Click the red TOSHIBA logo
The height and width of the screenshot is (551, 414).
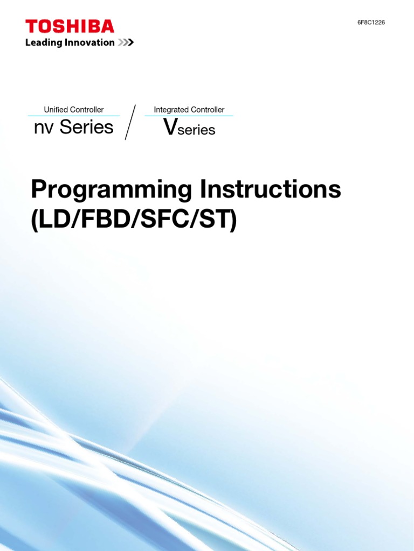70,26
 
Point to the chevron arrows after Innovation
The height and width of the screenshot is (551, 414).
126,43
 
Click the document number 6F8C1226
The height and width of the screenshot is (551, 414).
371,22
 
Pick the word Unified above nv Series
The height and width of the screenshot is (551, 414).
56,110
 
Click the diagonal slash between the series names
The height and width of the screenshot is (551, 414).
130,122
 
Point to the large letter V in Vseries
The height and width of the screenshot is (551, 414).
170,128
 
